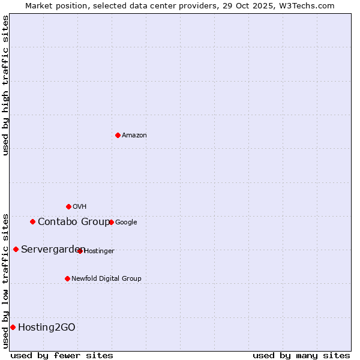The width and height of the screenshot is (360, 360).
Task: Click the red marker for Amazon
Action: (118, 135)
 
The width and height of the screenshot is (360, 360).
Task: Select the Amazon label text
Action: (134, 136)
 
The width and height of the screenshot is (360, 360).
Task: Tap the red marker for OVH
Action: (68, 206)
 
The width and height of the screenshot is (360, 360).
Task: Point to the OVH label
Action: (80, 207)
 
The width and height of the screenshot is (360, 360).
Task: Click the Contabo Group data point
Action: (32, 221)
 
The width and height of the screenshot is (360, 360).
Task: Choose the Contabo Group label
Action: (73, 222)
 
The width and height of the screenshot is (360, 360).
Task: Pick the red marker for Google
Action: (111, 222)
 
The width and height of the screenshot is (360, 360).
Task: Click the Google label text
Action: (126, 223)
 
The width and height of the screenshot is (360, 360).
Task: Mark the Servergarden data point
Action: (16, 249)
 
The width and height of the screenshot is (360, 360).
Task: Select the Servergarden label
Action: (53, 250)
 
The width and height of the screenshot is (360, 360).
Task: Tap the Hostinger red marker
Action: (80, 251)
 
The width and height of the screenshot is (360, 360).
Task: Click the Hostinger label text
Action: (99, 251)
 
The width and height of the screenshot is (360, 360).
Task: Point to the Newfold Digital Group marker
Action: (67, 278)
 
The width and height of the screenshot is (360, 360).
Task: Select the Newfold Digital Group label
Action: (106, 279)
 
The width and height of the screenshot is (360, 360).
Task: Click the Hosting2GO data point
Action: (13, 327)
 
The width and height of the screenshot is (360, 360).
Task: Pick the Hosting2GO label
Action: (47, 328)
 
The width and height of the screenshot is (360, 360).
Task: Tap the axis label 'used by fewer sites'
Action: (62, 355)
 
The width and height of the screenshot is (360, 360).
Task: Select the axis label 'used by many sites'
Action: (301, 355)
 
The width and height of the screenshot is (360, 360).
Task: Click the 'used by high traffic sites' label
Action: (5, 85)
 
